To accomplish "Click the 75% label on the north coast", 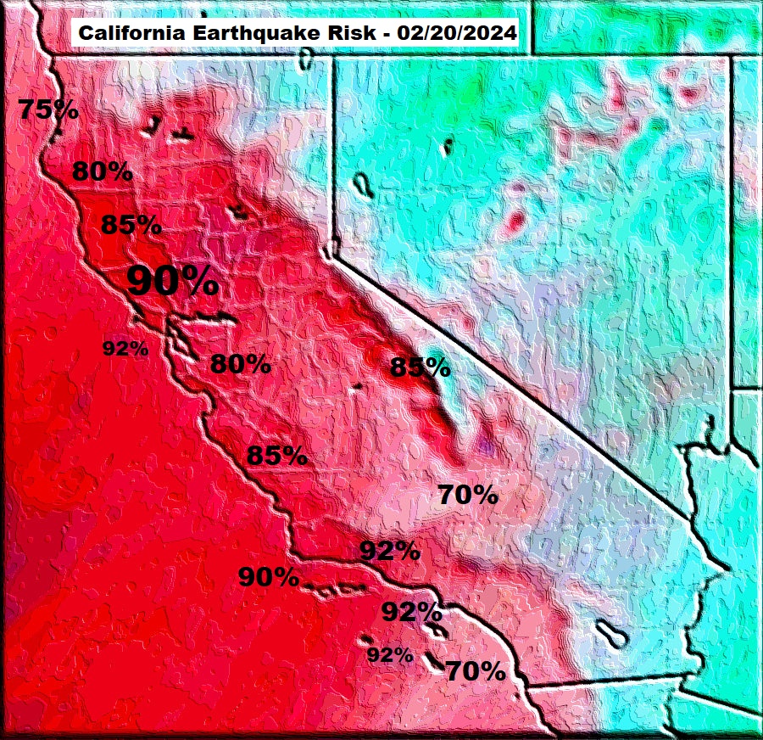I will click(48, 109).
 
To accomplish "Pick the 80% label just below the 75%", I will click(102, 171).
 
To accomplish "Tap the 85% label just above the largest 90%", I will click(131, 225).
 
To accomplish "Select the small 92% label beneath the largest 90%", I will click(125, 348).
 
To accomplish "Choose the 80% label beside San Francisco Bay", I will click(240, 365).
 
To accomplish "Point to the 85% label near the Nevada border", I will click(420, 367).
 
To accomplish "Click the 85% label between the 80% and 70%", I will click(276, 455).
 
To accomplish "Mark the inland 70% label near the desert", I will click(467, 494).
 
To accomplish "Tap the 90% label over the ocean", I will click(268, 577).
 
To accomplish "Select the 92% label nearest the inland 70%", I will click(390, 551).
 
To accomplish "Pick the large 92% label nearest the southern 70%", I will click(411, 611).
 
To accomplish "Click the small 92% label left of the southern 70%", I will click(390, 654).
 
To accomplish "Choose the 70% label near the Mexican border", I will click(476, 671).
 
